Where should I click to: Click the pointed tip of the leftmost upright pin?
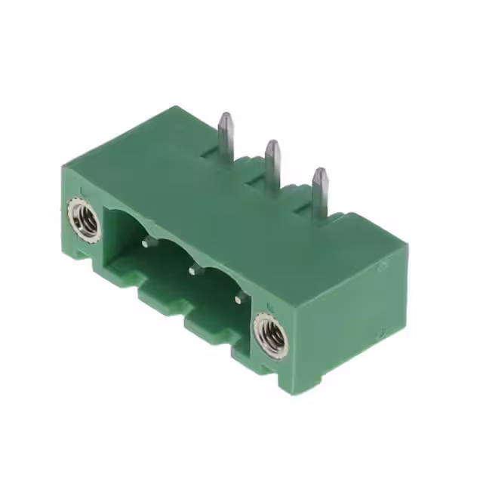[225, 116]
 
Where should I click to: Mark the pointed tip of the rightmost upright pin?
[320, 171]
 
